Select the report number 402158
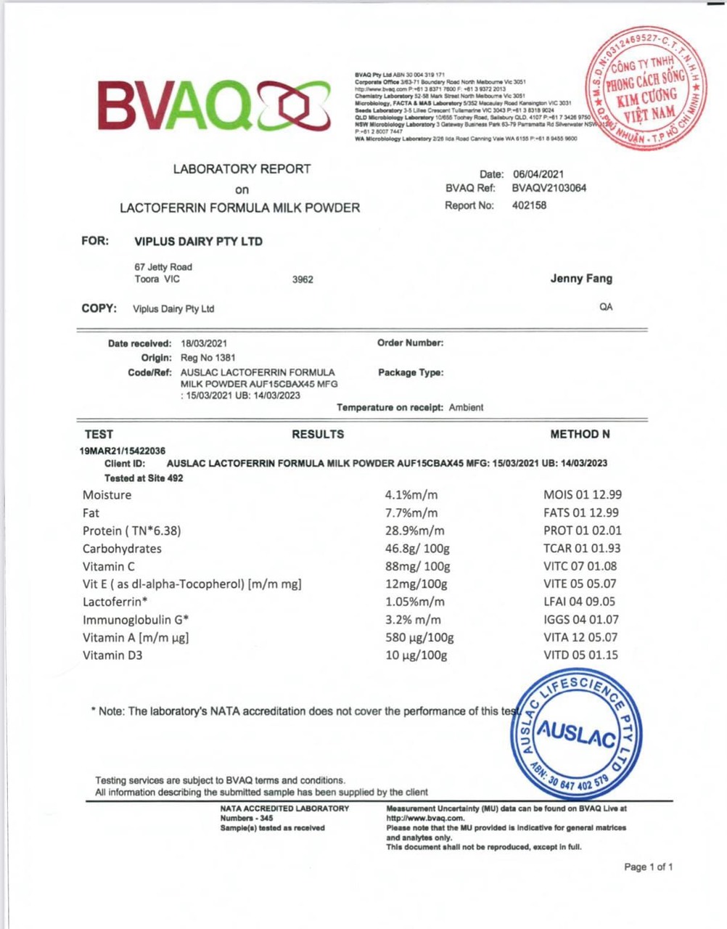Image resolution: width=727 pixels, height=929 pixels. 529,205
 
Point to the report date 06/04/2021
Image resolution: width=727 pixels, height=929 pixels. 538,174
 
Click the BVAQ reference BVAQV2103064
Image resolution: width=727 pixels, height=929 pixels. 549,188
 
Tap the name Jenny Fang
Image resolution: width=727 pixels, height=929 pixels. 580,278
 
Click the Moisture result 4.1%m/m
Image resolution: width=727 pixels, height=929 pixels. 411,495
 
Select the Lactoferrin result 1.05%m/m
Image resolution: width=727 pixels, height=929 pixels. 414,602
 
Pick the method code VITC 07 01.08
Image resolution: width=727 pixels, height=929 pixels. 580,566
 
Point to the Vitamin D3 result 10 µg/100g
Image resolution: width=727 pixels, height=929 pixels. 416,655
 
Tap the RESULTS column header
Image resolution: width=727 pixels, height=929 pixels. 318,434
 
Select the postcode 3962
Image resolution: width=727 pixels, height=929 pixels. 303,279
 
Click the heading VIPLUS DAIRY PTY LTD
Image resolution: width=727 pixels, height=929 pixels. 198,241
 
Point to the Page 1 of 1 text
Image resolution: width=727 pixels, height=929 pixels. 648,867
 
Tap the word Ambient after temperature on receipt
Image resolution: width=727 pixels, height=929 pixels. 466,407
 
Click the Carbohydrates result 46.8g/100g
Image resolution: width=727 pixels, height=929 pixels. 417,549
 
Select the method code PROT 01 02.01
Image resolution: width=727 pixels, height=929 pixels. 582,531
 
